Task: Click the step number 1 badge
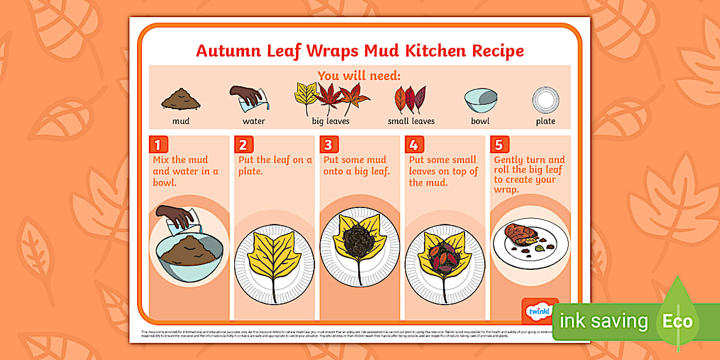point(158,144)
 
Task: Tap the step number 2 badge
point(243,144)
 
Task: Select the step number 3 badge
point(328,144)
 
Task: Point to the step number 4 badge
point(414,144)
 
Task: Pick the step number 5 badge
point(499,144)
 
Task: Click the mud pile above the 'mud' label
point(181,100)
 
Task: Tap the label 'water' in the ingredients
point(254,121)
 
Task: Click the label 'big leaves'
point(330,121)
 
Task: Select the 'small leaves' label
point(411,121)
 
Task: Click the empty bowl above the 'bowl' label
point(480,101)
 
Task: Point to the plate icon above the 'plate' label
point(545,99)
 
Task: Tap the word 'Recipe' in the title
point(497,51)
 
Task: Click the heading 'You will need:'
point(359,76)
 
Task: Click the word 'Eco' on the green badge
point(677,321)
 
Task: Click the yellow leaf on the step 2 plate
point(274,251)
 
